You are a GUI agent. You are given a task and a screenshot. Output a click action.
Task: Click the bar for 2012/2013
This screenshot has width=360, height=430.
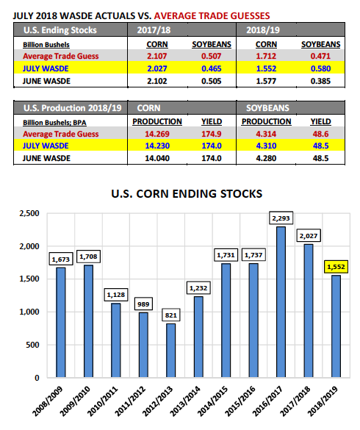(170, 351)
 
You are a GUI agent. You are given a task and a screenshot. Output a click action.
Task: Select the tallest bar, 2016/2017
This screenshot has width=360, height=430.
(281, 302)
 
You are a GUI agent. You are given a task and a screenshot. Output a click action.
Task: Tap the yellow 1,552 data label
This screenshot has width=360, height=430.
(336, 267)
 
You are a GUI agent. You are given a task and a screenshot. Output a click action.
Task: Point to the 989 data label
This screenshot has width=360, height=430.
(143, 304)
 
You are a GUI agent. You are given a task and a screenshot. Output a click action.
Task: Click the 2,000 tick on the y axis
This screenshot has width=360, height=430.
(29, 246)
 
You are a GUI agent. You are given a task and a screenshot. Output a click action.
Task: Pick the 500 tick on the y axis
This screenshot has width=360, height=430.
(32, 345)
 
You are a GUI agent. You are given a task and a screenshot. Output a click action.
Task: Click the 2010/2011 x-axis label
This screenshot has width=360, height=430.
(103, 401)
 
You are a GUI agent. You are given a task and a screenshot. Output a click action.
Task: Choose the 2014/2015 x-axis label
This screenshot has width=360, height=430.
(212, 401)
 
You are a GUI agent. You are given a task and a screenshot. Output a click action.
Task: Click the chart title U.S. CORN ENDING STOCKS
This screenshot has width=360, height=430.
(187, 194)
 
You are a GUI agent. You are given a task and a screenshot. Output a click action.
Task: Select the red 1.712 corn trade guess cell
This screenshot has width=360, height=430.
(266, 56)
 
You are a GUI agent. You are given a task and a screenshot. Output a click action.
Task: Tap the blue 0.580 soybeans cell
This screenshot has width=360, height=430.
(320, 68)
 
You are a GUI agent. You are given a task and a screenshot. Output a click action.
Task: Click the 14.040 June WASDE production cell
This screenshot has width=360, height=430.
(157, 158)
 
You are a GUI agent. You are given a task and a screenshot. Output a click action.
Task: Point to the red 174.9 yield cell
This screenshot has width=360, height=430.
(212, 134)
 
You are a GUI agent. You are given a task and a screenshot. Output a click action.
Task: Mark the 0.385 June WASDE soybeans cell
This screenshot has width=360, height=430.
(320, 81)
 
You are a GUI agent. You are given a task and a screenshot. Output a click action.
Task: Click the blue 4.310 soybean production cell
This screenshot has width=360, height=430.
(266, 146)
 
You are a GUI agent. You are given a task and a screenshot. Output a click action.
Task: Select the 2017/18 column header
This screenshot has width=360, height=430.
(154, 30)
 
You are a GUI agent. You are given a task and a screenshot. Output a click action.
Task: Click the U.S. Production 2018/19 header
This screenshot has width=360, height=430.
(73, 108)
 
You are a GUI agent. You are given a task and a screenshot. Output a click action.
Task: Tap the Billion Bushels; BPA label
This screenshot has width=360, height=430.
(54, 122)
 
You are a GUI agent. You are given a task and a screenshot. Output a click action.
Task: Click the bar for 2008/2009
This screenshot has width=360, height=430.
(61, 323)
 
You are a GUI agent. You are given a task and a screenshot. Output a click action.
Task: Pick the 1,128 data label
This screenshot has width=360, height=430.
(115, 295)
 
